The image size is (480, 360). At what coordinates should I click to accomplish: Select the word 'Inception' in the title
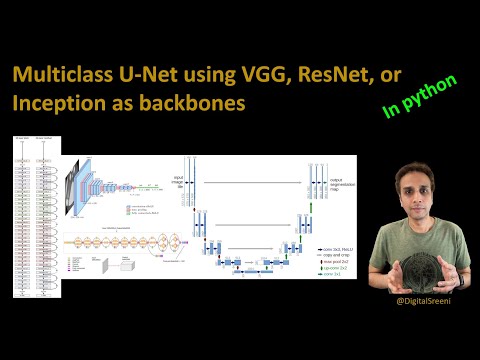(57, 104)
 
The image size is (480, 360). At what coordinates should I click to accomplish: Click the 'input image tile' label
(177, 181)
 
